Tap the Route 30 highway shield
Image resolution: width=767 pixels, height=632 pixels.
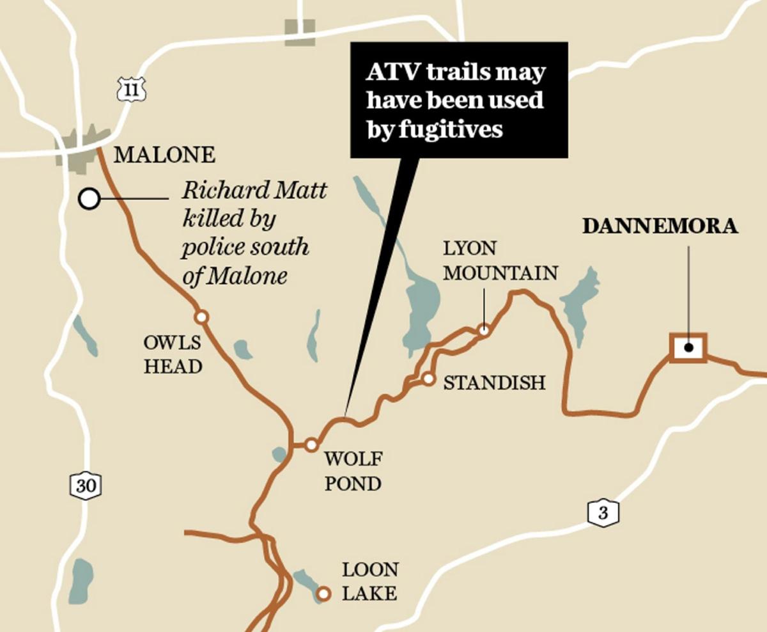point(85,486)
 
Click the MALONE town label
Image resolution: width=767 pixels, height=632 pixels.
point(164,155)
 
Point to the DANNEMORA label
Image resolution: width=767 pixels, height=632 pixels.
point(660,226)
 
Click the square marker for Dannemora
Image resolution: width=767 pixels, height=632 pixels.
point(688,348)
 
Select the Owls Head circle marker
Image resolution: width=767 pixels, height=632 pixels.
point(201,317)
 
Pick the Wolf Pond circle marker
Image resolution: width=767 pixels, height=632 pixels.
point(311,445)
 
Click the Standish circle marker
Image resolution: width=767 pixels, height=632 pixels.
point(429,379)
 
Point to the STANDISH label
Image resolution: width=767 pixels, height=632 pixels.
point(494,383)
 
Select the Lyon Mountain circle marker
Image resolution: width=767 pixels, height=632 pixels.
point(484,331)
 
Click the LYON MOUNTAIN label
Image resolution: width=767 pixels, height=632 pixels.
point(500,260)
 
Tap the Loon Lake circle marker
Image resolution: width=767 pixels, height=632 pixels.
point(324,594)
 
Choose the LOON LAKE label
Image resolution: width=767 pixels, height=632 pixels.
point(370,581)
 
